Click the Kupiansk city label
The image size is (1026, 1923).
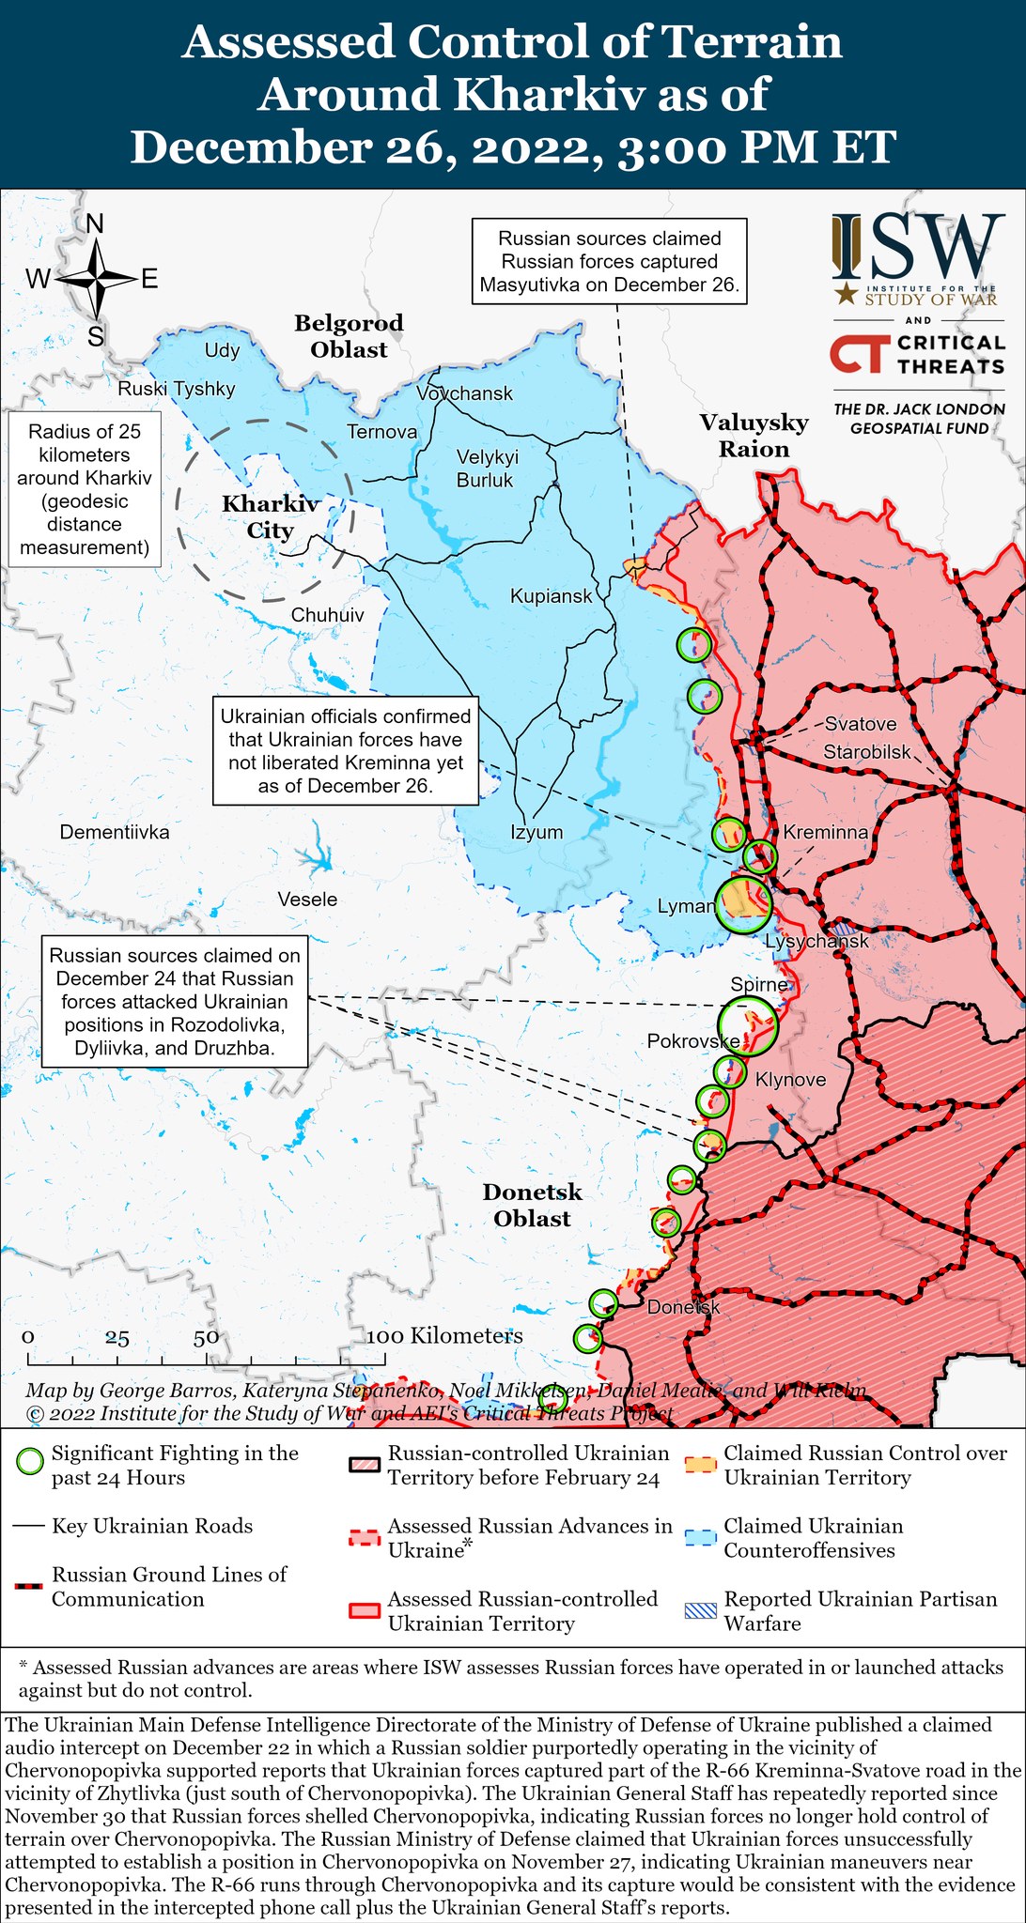[552, 595]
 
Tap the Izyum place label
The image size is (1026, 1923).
[536, 831]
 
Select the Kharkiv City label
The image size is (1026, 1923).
[270, 517]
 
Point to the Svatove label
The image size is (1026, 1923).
[860, 724]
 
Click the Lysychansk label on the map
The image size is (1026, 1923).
[816, 941]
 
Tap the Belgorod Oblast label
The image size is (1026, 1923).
[349, 336]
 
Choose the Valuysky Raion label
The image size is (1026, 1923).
[754, 436]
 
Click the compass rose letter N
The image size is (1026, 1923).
[95, 223]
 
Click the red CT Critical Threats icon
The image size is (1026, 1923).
[858, 354]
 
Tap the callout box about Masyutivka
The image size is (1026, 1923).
[609, 262]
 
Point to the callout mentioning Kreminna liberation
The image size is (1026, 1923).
[346, 750]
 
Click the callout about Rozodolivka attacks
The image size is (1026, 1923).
[175, 1001]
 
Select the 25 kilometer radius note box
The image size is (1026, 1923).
[85, 489]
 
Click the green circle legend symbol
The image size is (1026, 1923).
[31, 1462]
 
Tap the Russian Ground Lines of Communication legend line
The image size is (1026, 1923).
[30, 1586]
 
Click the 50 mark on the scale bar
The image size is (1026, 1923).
[206, 1338]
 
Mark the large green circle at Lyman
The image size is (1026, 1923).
[743, 903]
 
